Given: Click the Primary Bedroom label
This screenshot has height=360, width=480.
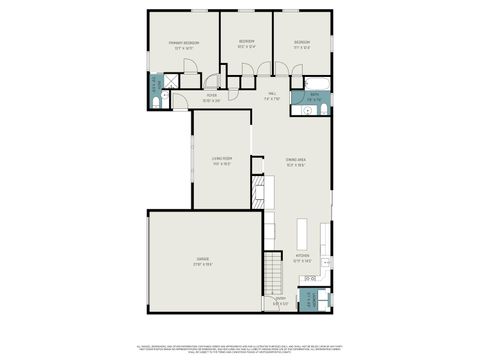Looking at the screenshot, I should click(184, 44).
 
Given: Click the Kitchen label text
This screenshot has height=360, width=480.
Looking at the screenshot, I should click(303, 257).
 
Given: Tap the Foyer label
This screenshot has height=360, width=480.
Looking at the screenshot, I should click(211, 98).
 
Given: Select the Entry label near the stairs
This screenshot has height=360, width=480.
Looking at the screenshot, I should click(281, 301).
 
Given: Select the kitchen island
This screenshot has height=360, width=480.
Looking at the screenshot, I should click(304, 231).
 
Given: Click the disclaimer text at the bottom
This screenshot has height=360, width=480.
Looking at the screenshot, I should click(240, 347).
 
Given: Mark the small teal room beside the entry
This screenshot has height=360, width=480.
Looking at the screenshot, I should click(313, 300).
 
